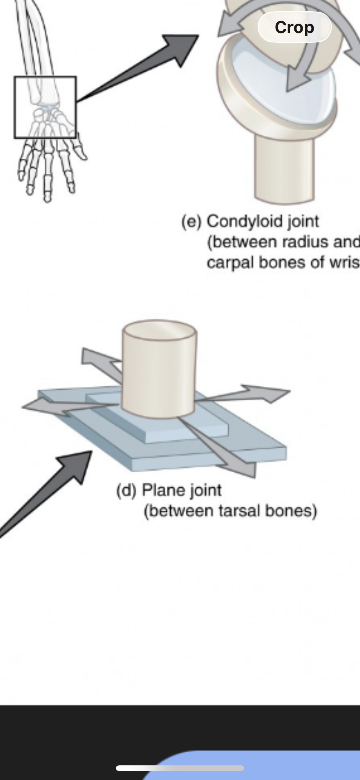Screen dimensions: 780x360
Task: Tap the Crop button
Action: (x=294, y=27)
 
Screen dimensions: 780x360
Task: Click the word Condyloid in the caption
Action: (x=245, y=221)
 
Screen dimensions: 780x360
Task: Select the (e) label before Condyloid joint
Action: (x=192, y=221)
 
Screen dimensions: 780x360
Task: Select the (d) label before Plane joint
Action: (x=126, y=490)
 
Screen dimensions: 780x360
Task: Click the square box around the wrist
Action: (x=45, y=107)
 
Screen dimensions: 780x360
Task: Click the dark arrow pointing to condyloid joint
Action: (x=150, y=64)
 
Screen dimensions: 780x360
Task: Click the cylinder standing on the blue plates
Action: (x=159, y=375)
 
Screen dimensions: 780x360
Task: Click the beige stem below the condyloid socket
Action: (x=284, y=169)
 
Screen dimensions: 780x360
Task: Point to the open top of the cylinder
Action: (x=159, y=330)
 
